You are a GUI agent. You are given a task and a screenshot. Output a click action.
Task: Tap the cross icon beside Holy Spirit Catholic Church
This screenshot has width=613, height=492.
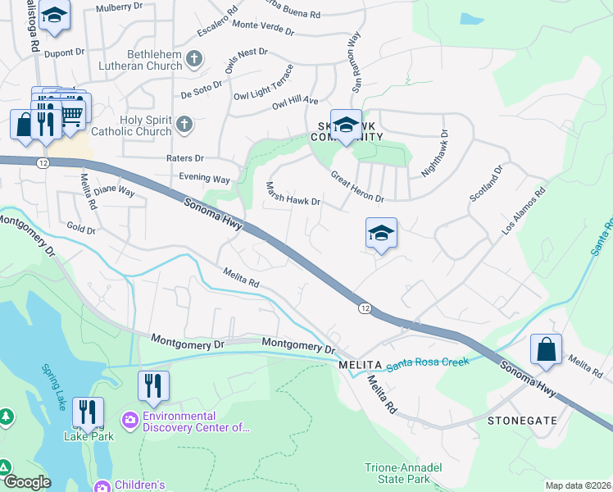click(184, 125)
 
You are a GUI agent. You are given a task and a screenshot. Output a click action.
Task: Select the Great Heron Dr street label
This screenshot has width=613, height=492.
click(357, 187)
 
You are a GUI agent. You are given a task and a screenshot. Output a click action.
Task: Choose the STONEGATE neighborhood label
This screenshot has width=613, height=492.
click(522, 421)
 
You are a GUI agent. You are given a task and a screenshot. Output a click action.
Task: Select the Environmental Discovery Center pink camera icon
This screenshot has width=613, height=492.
click(130, 421)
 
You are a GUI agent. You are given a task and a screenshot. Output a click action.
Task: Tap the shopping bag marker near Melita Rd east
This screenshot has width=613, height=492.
click(546, 349)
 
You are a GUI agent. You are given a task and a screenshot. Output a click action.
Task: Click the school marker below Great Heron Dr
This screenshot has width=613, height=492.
click(381, 235)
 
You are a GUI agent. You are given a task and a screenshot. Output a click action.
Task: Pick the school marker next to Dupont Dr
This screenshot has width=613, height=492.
click(55, 16)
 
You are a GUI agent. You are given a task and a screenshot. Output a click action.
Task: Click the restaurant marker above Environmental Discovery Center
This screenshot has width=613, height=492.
click(153, 386)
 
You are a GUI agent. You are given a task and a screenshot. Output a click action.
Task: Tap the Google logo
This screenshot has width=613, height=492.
click(26, 482)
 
